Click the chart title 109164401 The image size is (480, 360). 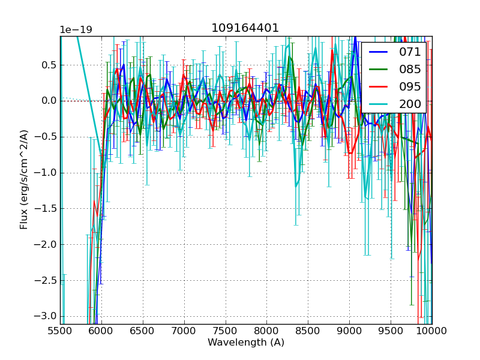(245, 28)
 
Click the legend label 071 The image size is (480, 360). (410, 52)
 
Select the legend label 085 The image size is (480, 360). (410, 69)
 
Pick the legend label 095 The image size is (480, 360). (410, 86)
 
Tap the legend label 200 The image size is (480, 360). (410, 104)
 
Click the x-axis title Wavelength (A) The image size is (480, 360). (246, 343)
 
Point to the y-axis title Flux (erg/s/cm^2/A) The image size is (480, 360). (24, 179)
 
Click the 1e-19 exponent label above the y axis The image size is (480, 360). (76, 30)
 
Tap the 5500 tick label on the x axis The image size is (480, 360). (60, 331)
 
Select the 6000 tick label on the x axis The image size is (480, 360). (101, 331)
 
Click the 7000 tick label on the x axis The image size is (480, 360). (184, 331)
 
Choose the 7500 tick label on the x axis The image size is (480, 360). (226, 331)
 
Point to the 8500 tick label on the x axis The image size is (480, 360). (308, 331)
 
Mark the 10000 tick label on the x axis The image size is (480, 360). (432, 331)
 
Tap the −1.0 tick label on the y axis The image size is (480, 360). (46, 173)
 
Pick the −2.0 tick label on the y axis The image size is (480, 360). (46, 244)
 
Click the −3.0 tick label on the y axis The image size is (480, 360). (46, 316)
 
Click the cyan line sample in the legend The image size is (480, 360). (378, 104)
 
